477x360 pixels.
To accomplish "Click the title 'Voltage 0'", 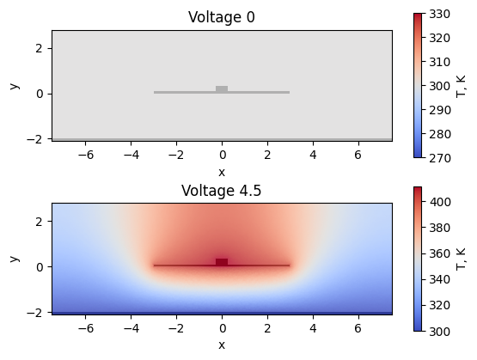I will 222,17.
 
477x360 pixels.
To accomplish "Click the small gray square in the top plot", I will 222,88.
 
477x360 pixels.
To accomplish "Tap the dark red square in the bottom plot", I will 222,262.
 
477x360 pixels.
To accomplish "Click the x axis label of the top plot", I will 222,172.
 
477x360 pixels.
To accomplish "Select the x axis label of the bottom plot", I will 222,345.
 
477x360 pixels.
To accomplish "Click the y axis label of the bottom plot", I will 15,258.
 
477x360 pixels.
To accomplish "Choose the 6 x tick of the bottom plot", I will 358,328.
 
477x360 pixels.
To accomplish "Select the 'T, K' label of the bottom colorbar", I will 461,258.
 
